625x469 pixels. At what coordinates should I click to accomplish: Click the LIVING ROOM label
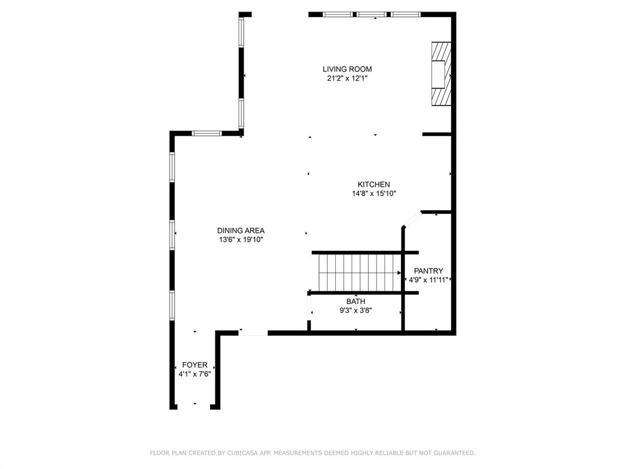(347, 69)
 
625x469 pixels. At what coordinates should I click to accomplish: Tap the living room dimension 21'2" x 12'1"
(347, 79)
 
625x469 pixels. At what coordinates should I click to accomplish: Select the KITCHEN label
(374, 184)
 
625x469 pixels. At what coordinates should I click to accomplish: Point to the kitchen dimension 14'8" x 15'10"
(374, 194)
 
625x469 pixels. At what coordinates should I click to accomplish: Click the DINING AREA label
(240, 230)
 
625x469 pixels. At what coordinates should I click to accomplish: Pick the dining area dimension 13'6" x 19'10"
(240, 239)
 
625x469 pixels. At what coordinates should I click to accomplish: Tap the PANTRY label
(428, 271)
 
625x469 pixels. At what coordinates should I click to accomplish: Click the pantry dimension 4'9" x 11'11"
(428, 280)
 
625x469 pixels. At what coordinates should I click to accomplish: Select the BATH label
(356, 302)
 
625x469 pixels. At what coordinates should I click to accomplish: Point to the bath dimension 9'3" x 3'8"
(356, 311)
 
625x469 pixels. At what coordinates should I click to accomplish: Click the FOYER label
(195, 365)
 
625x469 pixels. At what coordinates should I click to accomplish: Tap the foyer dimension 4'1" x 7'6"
(195, 374)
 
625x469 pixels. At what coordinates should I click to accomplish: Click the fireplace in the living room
(441, 74)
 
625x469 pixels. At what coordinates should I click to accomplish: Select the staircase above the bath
(360, 273)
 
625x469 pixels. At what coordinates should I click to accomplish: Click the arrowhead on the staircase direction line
(399, 273)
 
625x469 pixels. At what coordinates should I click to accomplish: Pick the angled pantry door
(412, 220)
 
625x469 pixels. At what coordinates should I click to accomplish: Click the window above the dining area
(206, 133)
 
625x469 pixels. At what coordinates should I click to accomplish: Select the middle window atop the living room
(372, 15)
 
